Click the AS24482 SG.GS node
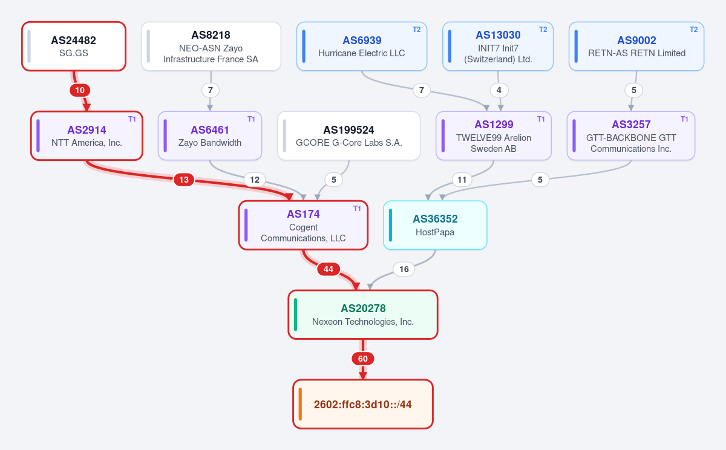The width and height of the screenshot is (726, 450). pos(74,47)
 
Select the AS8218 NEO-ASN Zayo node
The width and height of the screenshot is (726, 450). pos(211,47)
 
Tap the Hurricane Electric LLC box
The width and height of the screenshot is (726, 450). pos(362,47)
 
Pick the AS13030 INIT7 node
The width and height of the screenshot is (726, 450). pos(498,47)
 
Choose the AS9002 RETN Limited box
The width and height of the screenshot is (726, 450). pos(636,47)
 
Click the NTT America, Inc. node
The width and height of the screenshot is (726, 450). pos(87,135)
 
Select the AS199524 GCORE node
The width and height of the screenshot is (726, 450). pos(348,135)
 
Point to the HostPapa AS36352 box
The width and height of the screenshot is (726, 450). pos(435,225)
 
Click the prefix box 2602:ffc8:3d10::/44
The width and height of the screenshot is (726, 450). pos(363,404)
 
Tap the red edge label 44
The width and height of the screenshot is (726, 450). pos(329,269)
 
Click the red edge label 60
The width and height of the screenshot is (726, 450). pos(363,359)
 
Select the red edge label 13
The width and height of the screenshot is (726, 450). pos(184,180)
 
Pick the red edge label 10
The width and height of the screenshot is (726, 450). pos(80,90)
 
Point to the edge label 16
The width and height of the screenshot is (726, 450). pos(404,269)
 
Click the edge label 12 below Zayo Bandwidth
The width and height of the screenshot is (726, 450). pos(255,180)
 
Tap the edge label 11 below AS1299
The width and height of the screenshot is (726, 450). pos(462,180)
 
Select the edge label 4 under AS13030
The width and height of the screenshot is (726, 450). pos(499,90)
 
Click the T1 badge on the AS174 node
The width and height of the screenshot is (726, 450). pos(357,209)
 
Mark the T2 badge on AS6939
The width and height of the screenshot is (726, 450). pos(416,30)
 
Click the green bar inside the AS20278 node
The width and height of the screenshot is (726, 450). pos(296,315)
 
